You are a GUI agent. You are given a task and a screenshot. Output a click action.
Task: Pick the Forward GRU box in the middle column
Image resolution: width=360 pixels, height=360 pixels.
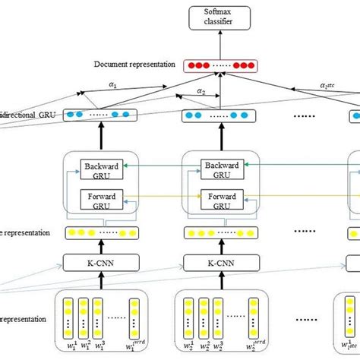(221, 200)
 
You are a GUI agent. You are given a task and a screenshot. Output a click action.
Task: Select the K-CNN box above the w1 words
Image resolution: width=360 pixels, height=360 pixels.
(102, 264)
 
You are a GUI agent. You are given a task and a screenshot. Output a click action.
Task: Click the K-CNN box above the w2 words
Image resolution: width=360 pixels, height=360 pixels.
(221, 264)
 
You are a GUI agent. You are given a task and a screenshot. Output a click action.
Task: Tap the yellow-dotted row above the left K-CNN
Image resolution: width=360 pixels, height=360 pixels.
(102, 232)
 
